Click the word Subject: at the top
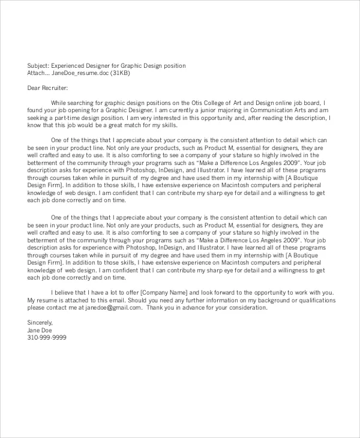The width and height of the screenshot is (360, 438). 38,65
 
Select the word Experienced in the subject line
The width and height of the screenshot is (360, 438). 70,65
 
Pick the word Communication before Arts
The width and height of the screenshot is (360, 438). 275,110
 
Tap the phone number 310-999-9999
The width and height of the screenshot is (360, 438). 47,338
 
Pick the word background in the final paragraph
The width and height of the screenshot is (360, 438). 271,299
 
